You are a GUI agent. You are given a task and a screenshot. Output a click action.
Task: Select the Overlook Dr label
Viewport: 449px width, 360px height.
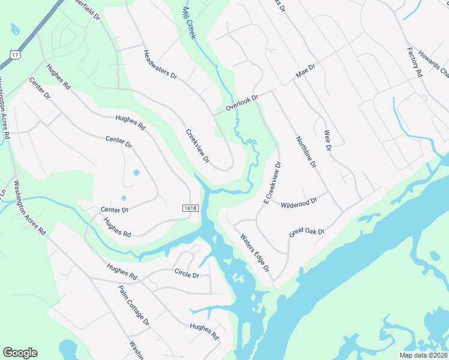241,103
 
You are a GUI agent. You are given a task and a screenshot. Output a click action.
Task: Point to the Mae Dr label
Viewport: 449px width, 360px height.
305,72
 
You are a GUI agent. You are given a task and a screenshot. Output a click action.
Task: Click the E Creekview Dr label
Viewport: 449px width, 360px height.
273,182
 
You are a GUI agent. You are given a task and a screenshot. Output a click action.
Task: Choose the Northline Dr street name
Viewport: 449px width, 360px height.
306,152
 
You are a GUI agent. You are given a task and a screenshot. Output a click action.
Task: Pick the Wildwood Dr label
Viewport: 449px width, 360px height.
298,204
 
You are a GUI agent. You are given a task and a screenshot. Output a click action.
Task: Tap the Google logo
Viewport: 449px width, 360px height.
20,353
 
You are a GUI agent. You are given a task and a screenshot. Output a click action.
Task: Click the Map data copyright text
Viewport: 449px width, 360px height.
424,355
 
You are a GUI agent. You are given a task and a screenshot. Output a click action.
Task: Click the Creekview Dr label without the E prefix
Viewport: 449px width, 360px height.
197,147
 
